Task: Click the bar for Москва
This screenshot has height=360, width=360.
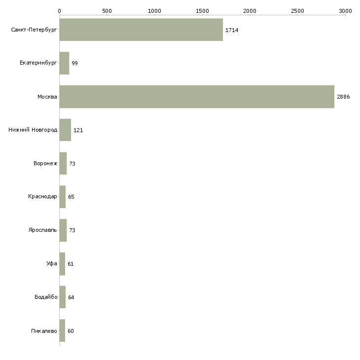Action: (197, 97)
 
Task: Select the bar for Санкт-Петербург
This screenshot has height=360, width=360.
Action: (141, 30)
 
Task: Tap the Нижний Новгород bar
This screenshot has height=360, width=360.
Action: (65, 130)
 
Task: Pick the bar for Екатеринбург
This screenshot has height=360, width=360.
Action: (64, 63)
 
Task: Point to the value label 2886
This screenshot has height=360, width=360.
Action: (343, 97)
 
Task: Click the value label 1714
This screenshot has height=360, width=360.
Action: (232, 30)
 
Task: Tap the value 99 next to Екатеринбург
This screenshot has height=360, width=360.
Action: (74, 63)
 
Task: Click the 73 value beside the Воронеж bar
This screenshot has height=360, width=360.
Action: (72, 164)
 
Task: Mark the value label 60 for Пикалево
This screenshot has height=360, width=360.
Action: (71, 331)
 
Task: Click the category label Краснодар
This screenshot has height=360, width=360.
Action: (42, 197)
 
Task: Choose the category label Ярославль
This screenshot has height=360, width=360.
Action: (42, 230)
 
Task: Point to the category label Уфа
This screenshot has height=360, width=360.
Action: (52, 264)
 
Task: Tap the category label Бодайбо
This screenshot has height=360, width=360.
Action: (46, 297)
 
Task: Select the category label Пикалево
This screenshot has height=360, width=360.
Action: (44, 331)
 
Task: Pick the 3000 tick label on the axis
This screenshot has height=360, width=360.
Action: (345, 10)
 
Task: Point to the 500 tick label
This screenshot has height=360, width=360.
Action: (107, 10)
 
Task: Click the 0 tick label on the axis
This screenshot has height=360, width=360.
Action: (59, 10)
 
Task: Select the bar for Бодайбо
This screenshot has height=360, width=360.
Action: (63, 297)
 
